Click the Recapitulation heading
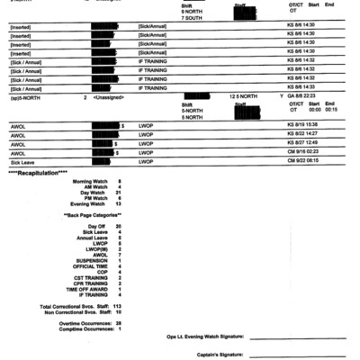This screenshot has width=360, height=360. (38, 172)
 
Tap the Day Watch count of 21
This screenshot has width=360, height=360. (119, 192)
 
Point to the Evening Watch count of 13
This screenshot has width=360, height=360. (118, 203)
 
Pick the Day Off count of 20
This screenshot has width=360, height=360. (118, 226)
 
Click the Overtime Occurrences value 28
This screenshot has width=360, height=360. (118, 322)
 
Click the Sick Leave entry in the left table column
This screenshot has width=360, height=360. (22, 161)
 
